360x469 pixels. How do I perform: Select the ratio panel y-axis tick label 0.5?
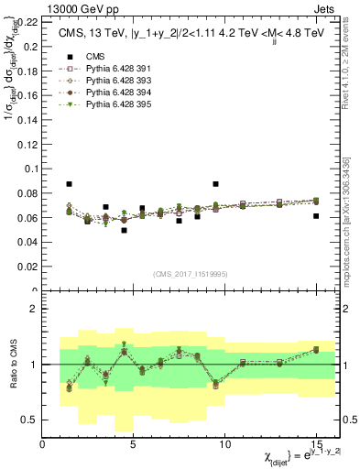point(30,420)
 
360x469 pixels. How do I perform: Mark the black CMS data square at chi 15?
point(315,216)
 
